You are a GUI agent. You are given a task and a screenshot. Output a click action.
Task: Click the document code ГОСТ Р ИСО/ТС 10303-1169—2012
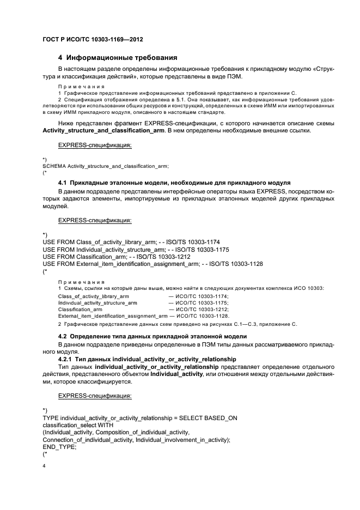pyautogui.click(x=93, y=40)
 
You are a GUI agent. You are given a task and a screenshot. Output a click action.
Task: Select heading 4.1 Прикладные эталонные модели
pyautogui.click(x=174, y=182)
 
